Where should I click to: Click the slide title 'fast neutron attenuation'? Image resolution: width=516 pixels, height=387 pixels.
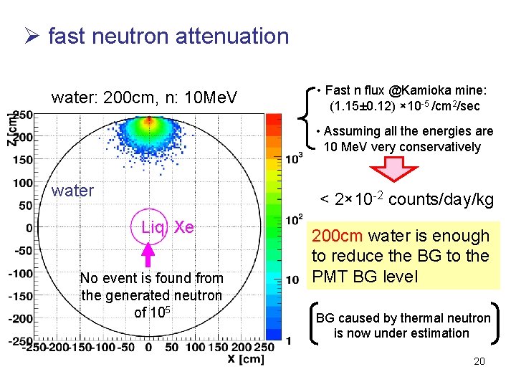(168, 36)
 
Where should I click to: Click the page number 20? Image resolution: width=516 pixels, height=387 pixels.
(479, 362)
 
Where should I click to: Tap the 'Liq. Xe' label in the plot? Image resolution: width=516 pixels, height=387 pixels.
(167, 227)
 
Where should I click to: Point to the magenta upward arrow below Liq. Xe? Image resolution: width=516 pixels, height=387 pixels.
(148, 255)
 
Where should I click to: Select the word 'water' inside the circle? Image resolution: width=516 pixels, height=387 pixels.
(72, 191)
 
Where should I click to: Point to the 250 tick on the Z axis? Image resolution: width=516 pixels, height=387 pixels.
(24, 115)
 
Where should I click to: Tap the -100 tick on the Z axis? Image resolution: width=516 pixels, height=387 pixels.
(21, 273)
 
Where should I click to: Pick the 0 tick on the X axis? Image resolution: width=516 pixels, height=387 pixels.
(148, 348)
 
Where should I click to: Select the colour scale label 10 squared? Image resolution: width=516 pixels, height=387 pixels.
(294, 219)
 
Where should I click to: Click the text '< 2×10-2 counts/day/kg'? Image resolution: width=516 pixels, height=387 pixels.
(406, 200)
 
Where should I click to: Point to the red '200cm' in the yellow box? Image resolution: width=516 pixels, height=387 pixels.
(336, 236)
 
